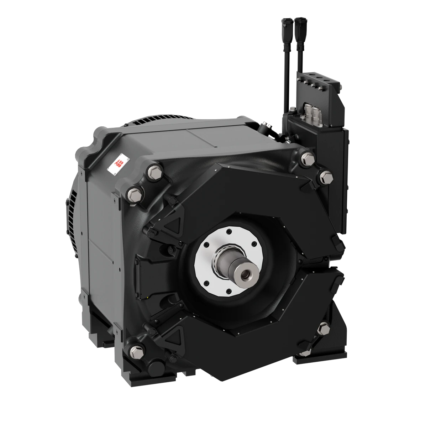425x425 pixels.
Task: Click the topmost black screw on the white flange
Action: coord(228,232)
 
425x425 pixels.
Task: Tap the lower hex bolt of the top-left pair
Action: coord(133,193)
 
